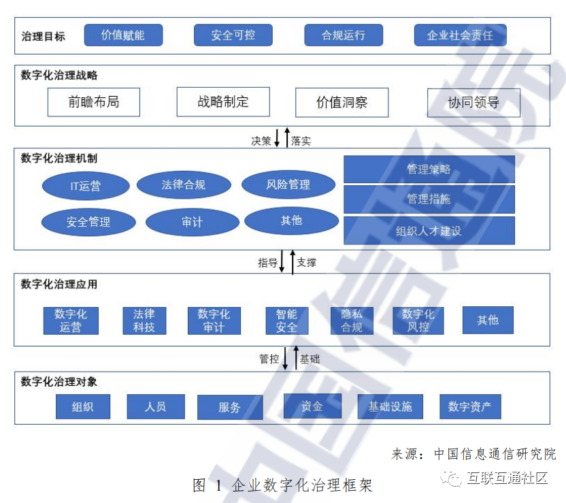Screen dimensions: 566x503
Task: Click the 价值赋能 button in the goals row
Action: (x=123, y=35)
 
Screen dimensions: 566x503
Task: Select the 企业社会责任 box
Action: (x=460, y=35)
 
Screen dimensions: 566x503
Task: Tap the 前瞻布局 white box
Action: (x=94, y=102)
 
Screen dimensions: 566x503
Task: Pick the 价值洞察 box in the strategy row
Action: (x=342, y=103)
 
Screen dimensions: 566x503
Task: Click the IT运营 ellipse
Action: (x=86, y=186)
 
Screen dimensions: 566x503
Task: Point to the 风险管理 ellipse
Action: (x=288, y=184)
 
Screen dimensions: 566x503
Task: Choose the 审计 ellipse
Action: (x=193, y=222)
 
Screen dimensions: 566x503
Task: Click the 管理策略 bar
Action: (x=429, y=169)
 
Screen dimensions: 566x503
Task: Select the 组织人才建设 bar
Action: (x=429, y=231)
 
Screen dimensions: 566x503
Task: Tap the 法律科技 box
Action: (x=144, y=321)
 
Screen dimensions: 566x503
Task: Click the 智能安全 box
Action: (x=286, y=321)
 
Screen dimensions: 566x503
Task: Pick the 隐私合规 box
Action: (x=352, y=321)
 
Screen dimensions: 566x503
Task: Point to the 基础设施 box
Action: (x=390, y=407)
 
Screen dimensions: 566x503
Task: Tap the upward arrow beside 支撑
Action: (x=293, y=262)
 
